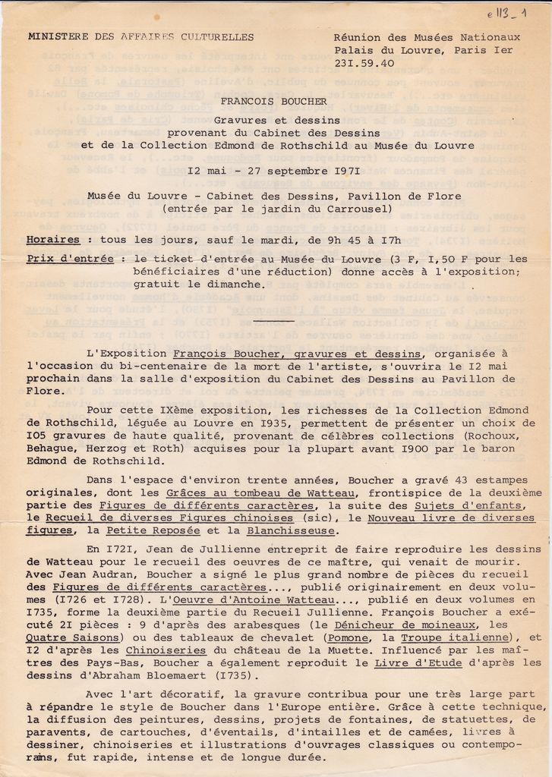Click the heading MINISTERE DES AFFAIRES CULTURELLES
[x=140, y=36]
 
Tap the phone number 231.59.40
[x=364, y=64]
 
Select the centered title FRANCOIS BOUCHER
[x=274, y=101]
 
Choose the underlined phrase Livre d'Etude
[x=412, y=664]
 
